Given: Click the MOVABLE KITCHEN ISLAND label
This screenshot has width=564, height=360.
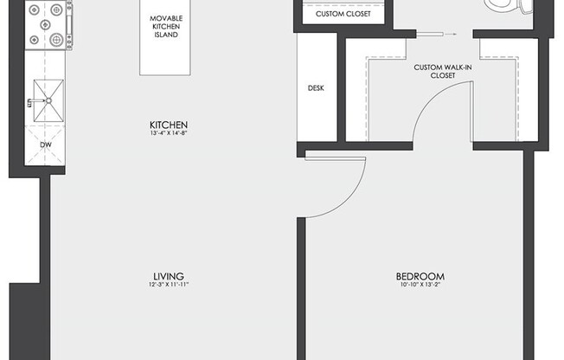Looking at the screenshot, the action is click(166, 26).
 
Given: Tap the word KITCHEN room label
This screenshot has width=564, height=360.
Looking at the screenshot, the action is click(169, 125).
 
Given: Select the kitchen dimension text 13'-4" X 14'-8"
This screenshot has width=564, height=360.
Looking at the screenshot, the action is click(169, 133).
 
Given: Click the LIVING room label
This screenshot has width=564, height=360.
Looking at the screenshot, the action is click(169, 276).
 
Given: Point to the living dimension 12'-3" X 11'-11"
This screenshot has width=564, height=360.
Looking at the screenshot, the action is click(169, 285).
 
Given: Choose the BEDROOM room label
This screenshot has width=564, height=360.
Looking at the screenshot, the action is click(420, 276).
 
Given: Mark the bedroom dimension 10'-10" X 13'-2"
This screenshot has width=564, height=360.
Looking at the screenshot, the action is click(420, 285).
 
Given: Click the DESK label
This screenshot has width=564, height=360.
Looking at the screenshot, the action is click(316, 88).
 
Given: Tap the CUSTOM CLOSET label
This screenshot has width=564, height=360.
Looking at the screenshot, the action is click(343, 14).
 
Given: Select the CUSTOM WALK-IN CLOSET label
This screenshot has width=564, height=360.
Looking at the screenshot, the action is click(443, 71).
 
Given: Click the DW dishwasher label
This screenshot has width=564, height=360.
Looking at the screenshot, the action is click(46, 145).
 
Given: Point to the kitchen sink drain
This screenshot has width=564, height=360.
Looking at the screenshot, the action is click(48, 100).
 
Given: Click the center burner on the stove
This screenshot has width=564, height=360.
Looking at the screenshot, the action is click(45, 24).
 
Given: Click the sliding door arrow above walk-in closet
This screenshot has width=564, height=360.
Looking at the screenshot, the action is click(450, 35).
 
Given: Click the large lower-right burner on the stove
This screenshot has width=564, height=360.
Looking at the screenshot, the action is click(56, 40).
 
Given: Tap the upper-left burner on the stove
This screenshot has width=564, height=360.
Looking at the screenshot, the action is click(35, 10).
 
